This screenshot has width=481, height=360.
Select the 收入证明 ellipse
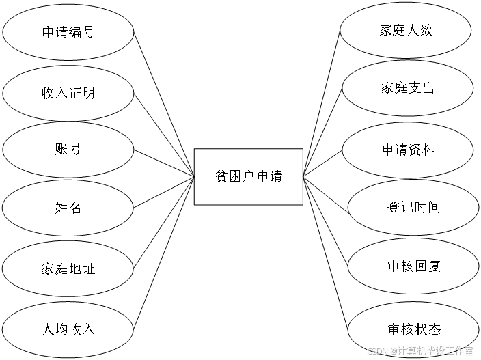point(68,93)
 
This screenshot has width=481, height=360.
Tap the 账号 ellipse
point(68,149)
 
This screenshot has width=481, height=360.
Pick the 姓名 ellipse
point(68,207)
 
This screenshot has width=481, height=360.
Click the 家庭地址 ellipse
point(68,268)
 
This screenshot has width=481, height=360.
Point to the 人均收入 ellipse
point(68,329)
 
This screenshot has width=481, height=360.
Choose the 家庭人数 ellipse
point(406,31)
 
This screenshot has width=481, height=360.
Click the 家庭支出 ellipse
point(407,89)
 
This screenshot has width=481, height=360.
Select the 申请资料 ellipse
point(408,150)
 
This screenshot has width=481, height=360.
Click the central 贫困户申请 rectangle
point(248,176)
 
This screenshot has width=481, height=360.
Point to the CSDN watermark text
point(419,350)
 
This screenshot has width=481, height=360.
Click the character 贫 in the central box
point(221,176)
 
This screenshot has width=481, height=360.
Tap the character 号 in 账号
point(74,149)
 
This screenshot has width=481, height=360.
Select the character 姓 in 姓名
point(61,207)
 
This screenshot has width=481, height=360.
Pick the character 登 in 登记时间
point(394,207)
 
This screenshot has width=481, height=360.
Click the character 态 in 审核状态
point(434,329)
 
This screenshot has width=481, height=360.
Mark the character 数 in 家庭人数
point(426,31)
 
